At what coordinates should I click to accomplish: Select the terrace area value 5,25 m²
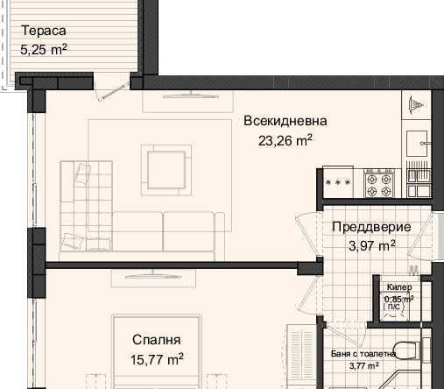(x=44, y=50)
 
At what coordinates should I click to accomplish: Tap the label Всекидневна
(x=285, y=121)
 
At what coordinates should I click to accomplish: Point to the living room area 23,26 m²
(x=285, y=138)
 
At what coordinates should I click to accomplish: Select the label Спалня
(x=157, y=340)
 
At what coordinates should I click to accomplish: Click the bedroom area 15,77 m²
(x=157, y=358)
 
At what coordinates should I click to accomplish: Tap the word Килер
(x=399, y=287)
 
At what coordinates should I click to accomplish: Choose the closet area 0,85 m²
(x=398, y=299)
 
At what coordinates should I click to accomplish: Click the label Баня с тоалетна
(x=363, y=354)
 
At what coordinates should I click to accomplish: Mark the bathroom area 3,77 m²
(x=363, y=367)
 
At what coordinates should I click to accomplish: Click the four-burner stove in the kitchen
(x=378, y=181)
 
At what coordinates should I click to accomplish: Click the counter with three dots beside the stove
(x=338, y=182)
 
